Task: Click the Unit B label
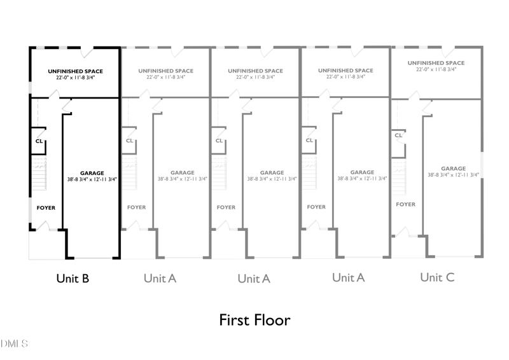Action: (73, 279)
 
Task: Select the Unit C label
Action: (437, 277)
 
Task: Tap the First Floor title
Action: (254, 320)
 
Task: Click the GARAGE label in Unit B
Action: (92, 173)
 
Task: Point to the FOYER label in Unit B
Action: (46, 208)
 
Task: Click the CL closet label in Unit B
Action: (39, 141)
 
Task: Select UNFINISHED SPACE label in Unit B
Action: (75, 71)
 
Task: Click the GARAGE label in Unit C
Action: (453, 169)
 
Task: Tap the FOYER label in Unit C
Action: (405, 204)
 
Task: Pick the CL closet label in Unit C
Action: (399, 135)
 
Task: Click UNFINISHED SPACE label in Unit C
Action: (436, 63)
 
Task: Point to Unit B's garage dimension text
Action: (92, 179)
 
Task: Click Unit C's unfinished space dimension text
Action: (436, 69)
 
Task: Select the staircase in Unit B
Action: (39, 173)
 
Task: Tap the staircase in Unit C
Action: (399, 177)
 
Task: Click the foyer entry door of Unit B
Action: (43, 226)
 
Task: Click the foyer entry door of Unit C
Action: (403, 232)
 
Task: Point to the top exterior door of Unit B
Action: (87, 52)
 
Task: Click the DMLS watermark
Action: (14, 343)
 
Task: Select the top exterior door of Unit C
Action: (449, 52)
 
